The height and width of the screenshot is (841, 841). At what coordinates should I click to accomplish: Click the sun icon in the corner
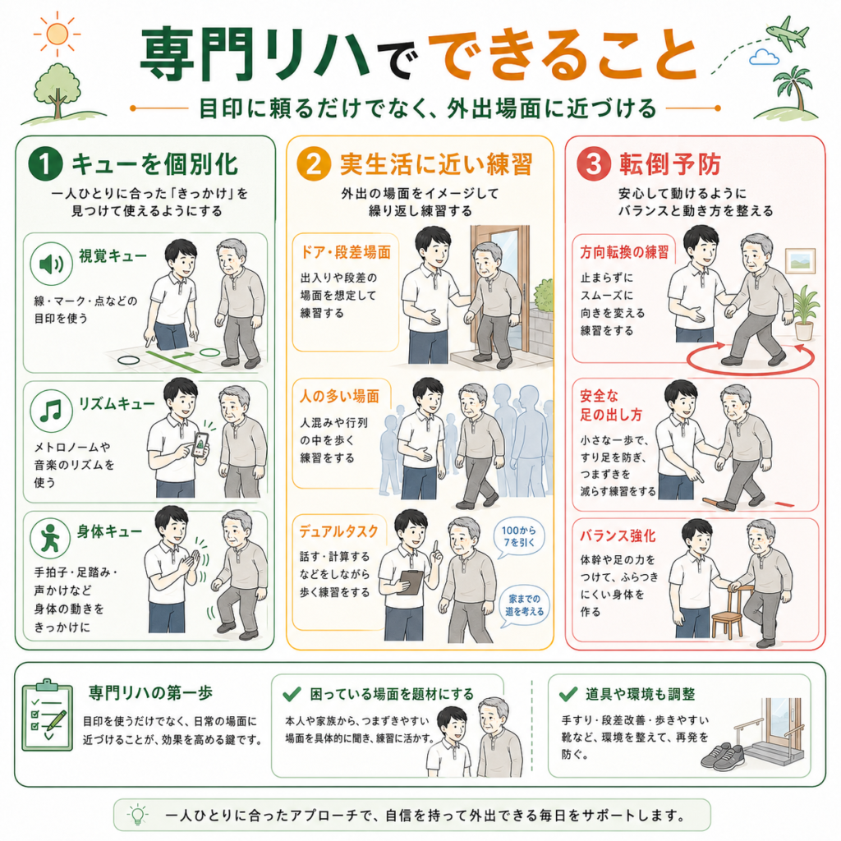pos(57,34)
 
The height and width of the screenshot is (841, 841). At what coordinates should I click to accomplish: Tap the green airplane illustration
pos(787,32)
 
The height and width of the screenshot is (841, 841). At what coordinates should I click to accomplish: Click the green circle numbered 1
pos(46,163)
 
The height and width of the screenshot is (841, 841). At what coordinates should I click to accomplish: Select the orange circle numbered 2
pos(314,164)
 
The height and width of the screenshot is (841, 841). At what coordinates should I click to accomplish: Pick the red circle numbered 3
pos(594,164)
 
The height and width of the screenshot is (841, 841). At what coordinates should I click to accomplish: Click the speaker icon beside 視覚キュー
pos(52,264)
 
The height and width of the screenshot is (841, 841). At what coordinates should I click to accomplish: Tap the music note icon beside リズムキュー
pos(52,411)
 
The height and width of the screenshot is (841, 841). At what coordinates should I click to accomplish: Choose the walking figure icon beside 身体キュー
pos(50,538)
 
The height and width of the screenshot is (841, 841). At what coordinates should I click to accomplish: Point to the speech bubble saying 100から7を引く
pos(519,536)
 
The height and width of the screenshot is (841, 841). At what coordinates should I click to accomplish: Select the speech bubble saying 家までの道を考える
pos(524,605)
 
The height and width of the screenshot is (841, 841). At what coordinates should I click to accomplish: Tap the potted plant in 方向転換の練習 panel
pos(805,313)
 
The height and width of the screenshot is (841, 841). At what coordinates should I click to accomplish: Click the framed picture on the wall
pos(800,260)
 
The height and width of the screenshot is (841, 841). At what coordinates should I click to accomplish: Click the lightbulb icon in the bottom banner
pos(137,814)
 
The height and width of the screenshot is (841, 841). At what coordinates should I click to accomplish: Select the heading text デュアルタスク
pos(338,531)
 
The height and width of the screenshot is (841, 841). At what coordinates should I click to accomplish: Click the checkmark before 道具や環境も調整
pos(568,693)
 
